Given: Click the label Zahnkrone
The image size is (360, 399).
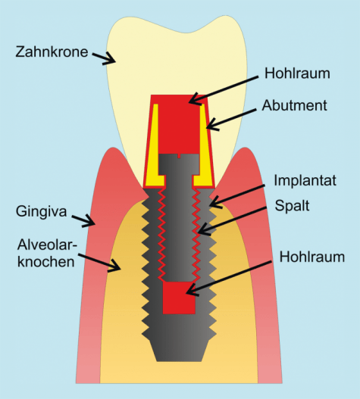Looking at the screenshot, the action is tap(52, 51).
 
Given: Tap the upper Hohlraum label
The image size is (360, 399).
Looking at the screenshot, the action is tap(297, 73).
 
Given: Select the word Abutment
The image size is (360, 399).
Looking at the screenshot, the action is tap(294, 105).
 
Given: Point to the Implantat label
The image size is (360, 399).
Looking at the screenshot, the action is tap(305, 181).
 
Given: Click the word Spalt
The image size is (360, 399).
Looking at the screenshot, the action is tap(292, 205).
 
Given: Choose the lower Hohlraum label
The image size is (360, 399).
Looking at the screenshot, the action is tap(312, 257).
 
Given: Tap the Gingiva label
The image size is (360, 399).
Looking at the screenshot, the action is tap(41, 211).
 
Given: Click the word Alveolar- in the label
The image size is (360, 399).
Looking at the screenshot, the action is tap(47, 245).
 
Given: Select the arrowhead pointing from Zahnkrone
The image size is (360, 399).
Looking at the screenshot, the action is tap(110, 58).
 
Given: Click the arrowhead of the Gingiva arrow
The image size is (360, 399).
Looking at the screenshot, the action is tap(89, 220).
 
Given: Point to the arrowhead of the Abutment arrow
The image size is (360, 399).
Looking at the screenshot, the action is tap(212, 124).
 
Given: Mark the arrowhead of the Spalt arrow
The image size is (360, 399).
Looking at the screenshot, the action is tap(204, 229).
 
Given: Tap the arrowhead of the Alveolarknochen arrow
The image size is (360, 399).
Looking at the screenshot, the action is tap(114, 266).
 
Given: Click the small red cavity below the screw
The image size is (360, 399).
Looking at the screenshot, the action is tap(179, 298).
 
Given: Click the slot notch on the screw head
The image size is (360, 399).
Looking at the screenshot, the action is tap(179, 156).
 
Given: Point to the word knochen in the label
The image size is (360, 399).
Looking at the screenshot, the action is tap(46, 261).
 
